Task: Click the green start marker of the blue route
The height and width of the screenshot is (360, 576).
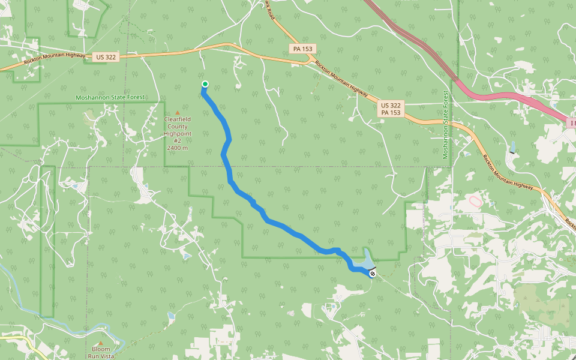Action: point(205,84)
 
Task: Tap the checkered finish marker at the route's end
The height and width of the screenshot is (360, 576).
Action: point(373,274)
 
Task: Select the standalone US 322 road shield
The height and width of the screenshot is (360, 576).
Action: point(106,57)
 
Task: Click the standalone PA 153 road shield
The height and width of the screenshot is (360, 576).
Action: point(302,49)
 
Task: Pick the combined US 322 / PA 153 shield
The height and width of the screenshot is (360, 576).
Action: point(390,108)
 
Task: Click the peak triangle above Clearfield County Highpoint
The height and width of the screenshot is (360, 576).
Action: point(177,112)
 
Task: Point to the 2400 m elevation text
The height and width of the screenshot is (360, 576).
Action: point(177,148)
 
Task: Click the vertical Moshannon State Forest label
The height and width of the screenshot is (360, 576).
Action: point(446,125)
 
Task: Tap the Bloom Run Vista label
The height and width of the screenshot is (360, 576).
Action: point(101,352)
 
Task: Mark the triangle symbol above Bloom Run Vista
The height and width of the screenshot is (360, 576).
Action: point(101,343)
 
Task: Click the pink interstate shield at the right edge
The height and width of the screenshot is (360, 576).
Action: point(571,123)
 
